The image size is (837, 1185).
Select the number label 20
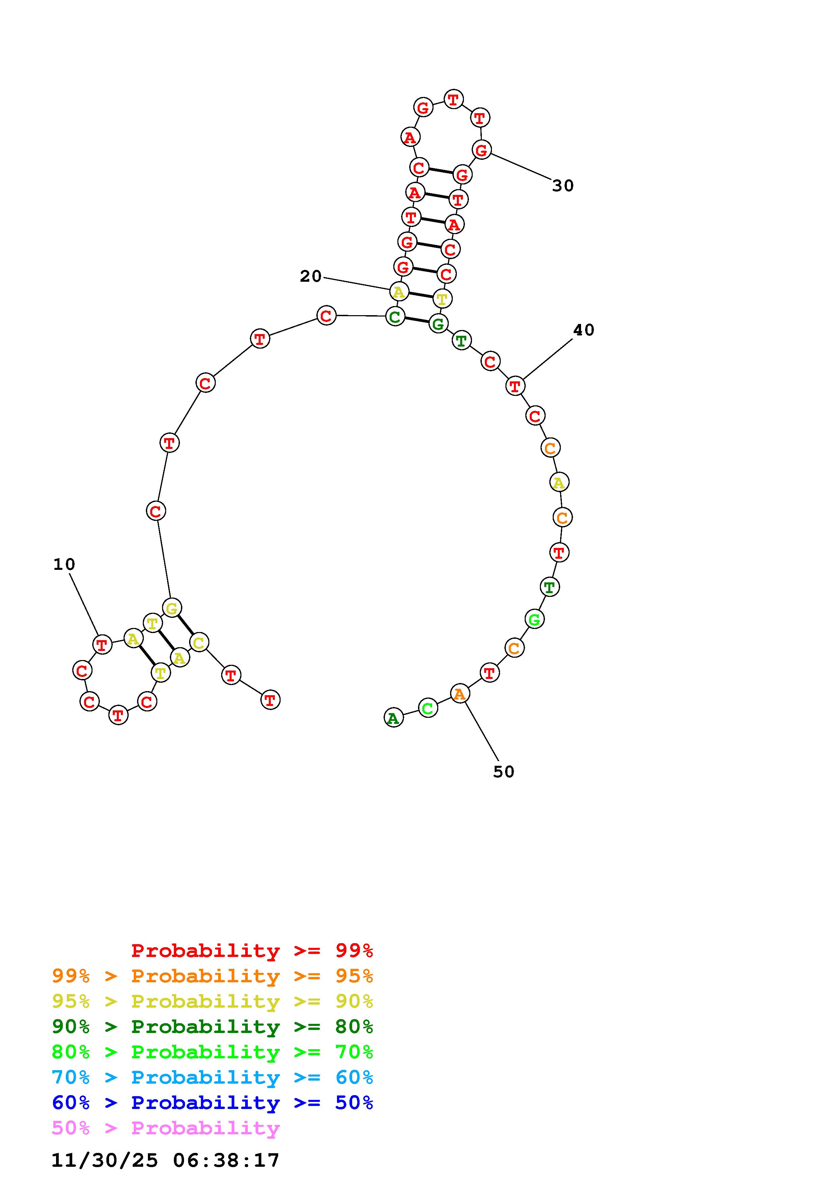(311, 277)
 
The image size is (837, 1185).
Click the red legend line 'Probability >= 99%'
(252, 950)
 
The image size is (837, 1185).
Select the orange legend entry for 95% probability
(212, 976)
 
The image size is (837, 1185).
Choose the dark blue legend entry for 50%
(212, 1103)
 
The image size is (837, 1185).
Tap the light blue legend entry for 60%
(212, 1077)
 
